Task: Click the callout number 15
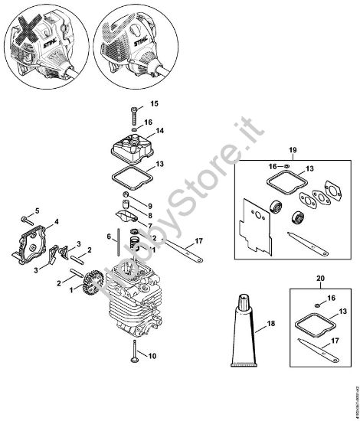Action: click(153, 103)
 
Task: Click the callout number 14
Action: click(159, 132)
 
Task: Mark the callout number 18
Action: click(270, 325)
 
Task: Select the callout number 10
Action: click(152, 355)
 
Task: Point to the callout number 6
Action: click(110, 235)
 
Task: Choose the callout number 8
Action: click(150, 237)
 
